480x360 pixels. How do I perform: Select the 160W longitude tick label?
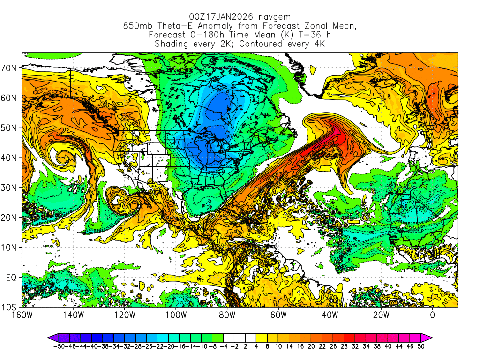pyautogui.click(x=22, y=315)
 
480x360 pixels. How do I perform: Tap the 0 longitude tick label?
pyautogui.click(x=432, y=315)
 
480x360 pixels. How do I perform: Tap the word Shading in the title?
pyautogui.click(x=172, y=44)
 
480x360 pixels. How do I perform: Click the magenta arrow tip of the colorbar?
pyautogui.click(x=428, y=337)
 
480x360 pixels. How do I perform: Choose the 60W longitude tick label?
pyautogui.click(x=278, y=315)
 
